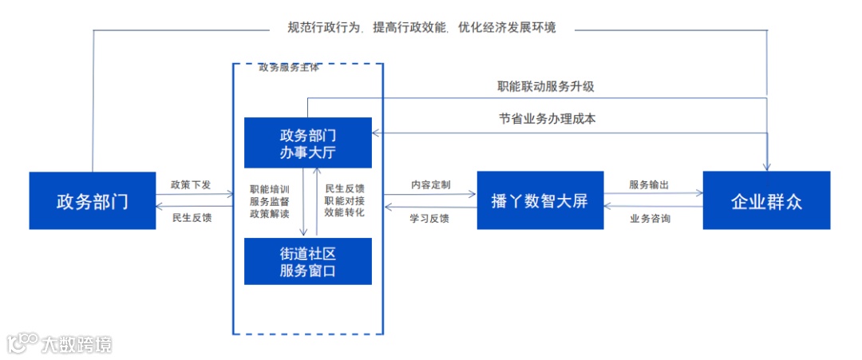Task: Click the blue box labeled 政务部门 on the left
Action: (92, 200)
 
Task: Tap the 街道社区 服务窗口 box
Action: (307, 261)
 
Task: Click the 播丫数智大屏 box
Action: (540, 200)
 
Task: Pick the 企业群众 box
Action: (766, 200)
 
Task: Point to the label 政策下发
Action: (191, 185)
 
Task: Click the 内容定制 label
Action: (430, 185)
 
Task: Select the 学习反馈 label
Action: (429, 218)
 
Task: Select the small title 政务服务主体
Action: (289, 67)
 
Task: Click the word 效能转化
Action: (344, 212)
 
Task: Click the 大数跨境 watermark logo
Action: (60, 343)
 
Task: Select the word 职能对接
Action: (344, 201)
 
